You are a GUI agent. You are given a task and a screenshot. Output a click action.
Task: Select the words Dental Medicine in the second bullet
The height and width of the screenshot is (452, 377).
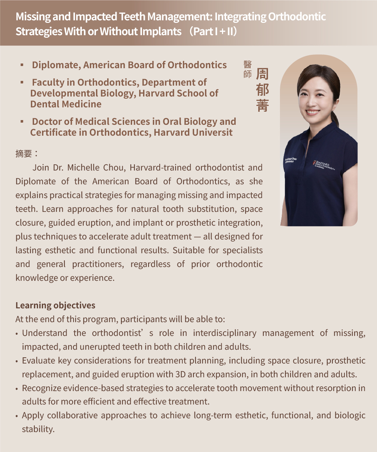click(x=66, y=104)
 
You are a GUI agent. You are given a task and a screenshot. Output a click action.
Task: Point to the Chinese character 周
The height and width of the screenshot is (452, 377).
click(x=262, y=74)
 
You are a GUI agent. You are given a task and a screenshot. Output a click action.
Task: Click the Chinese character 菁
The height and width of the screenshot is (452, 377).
click(x=262, y=106)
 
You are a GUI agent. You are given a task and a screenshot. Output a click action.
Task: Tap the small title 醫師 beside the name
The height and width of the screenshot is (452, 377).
click(x=248, y=69)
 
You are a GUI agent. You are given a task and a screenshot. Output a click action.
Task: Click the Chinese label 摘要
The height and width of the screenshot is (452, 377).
click(x=24, y=153)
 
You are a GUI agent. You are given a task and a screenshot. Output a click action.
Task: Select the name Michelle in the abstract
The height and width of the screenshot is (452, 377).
click(x=83, y=168)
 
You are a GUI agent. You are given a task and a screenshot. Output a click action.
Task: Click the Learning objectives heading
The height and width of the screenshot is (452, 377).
click(x=55, y=305)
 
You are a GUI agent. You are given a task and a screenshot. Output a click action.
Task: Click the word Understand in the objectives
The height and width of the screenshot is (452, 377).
click(x=45, y=333)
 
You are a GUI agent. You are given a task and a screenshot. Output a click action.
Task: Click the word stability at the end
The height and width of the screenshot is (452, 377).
click(x=38, y=429)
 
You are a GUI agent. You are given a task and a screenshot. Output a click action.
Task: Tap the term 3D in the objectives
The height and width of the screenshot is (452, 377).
click(x=181, y=374)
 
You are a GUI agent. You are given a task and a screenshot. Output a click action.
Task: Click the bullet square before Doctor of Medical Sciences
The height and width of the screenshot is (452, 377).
click(x=22, y=122)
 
